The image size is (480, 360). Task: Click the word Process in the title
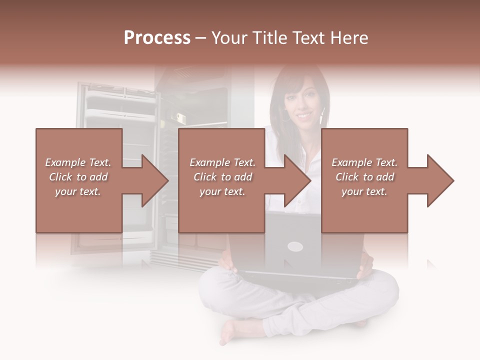(157, 38)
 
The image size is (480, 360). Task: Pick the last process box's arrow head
(440, 180)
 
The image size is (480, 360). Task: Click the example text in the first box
(78, 177)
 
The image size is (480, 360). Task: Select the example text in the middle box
(222, 177)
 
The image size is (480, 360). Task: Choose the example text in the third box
(364, 177)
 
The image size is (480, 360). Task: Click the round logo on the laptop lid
(295, 246)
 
